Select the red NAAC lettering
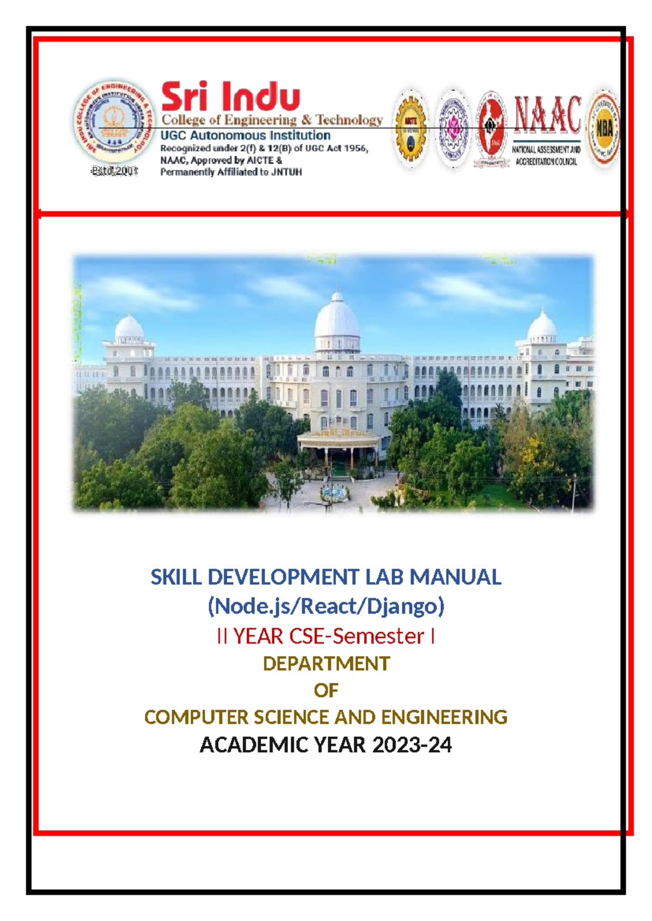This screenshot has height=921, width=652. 547,115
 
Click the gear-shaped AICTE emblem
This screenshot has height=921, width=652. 411,129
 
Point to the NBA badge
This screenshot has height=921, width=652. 604,129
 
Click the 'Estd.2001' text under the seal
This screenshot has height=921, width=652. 114,171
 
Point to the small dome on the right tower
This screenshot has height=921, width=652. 542,326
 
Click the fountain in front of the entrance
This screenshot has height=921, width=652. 334,493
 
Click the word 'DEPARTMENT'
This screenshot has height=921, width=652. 326,664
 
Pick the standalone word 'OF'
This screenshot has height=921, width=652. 326,690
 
